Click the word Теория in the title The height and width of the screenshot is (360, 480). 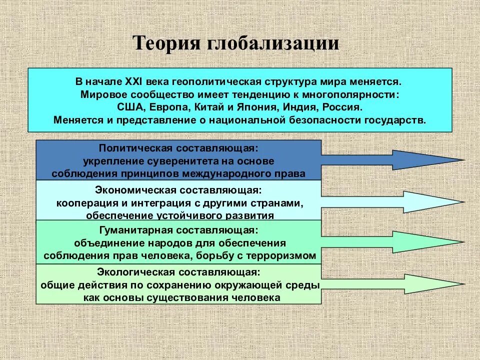point(166,43)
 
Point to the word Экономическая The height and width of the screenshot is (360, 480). point(131,190)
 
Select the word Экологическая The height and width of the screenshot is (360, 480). point(132,272)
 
